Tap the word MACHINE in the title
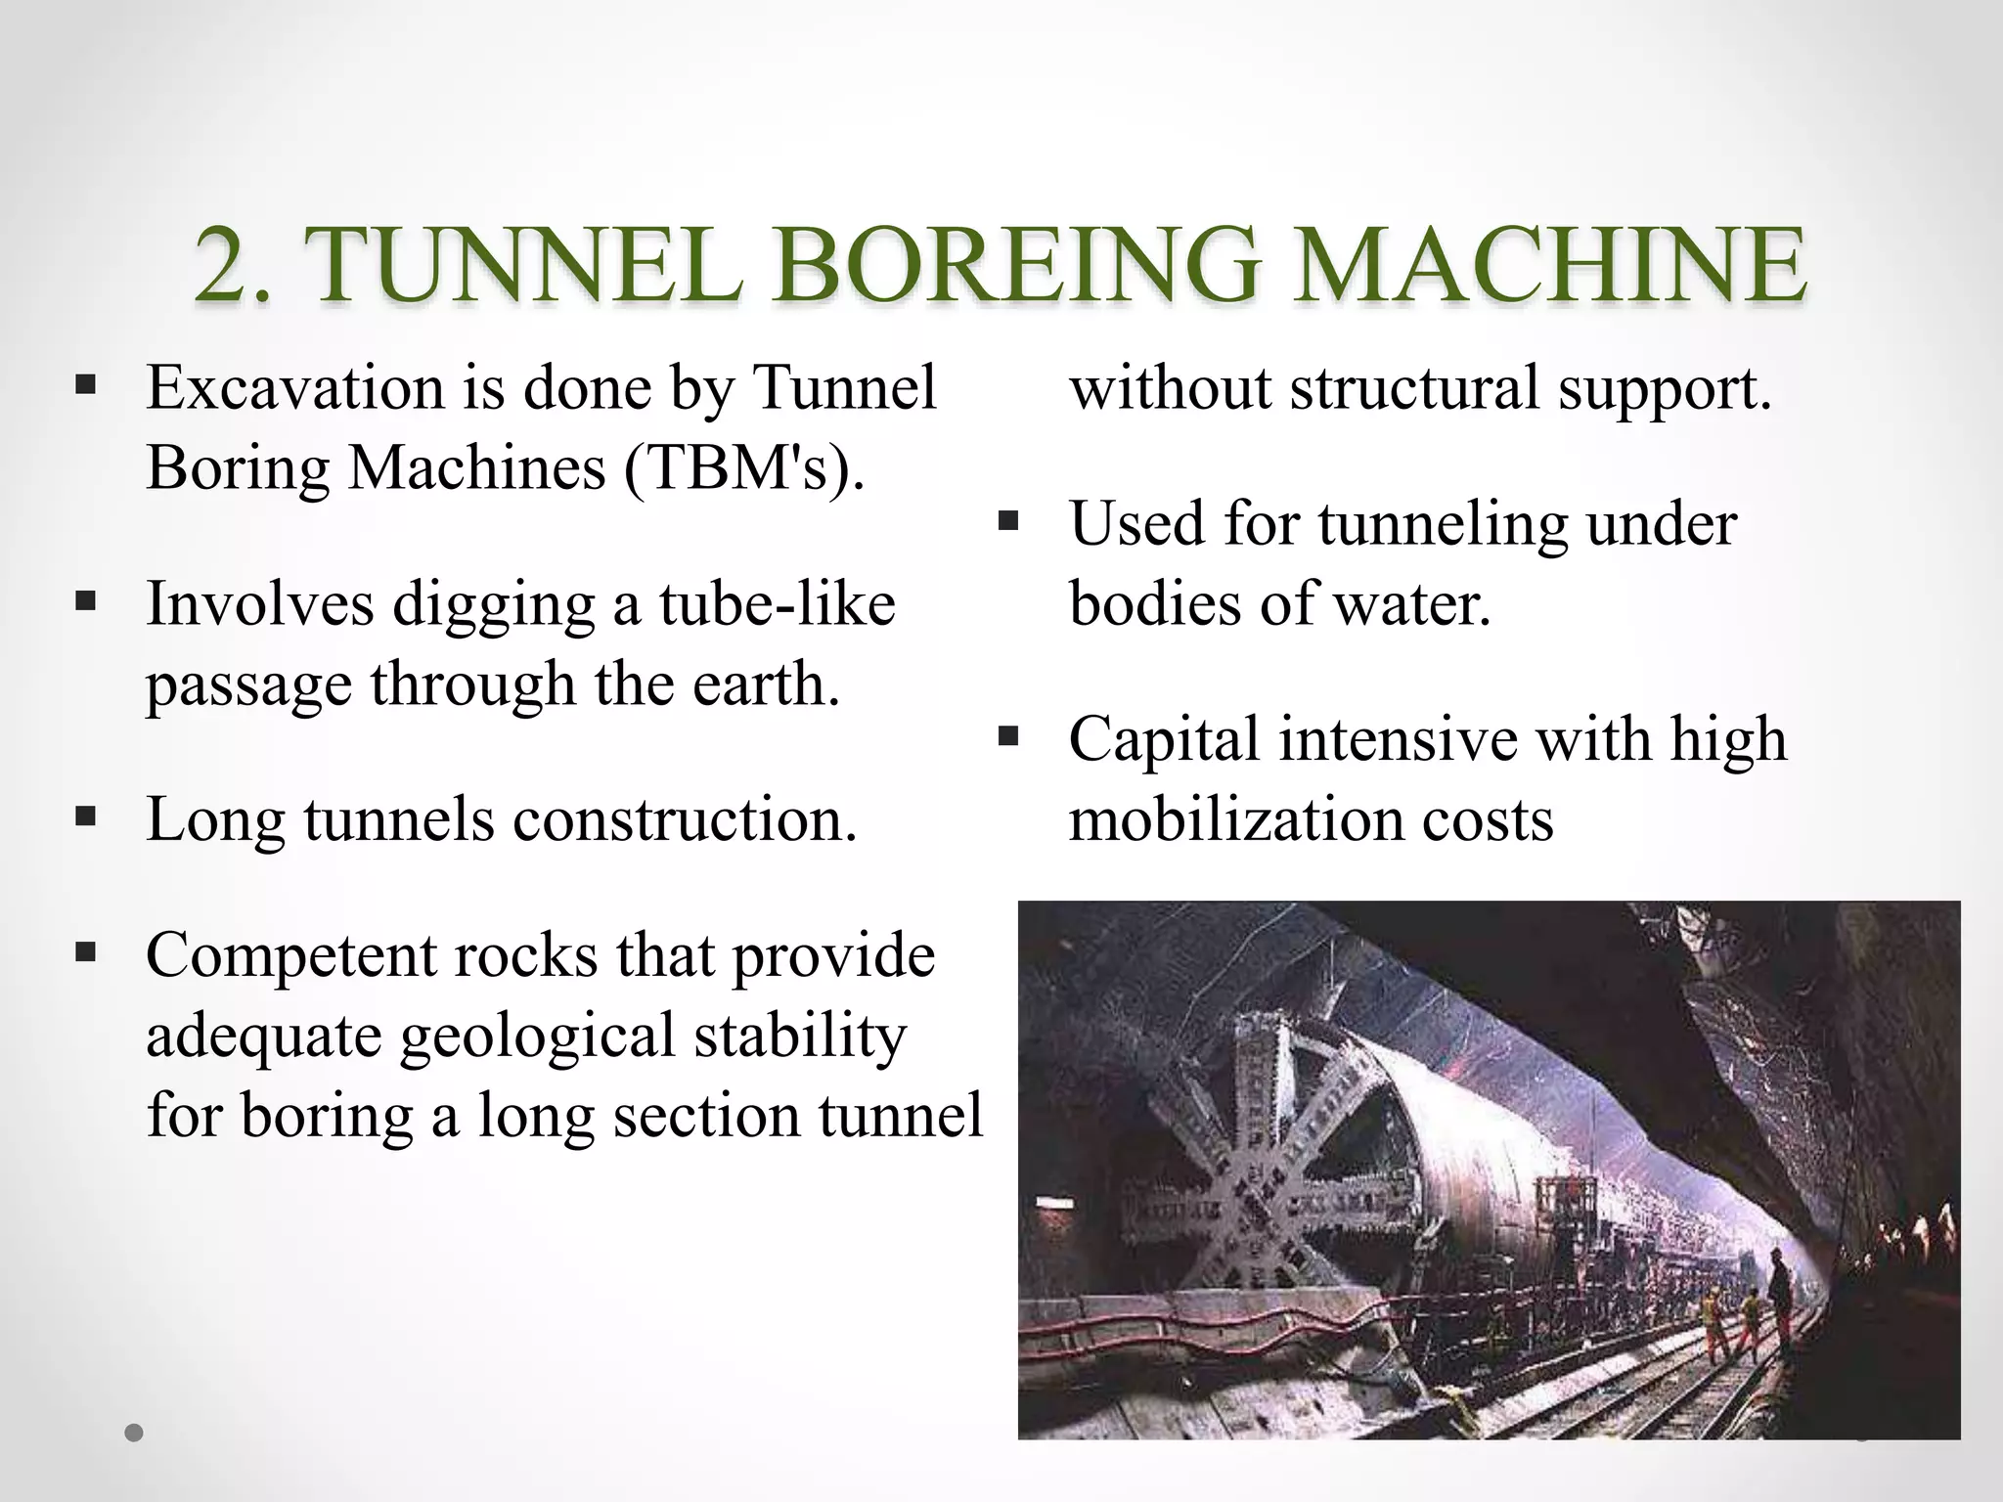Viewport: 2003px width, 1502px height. [x=1549, y=265]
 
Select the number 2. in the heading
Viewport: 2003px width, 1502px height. [x=232, y=265]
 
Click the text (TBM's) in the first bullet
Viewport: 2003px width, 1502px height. [x=744, y=468]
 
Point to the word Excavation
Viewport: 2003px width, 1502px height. [x=295, y=388]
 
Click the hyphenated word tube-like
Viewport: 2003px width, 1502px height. [x=777, y=603]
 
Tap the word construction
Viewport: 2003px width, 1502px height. [x=685, y=819]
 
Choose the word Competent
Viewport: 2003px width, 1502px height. [x=290, y=956]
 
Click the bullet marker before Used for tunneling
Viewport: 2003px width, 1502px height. [x=1008, y=520]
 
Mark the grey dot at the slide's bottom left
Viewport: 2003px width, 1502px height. [x=135, y=1433]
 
